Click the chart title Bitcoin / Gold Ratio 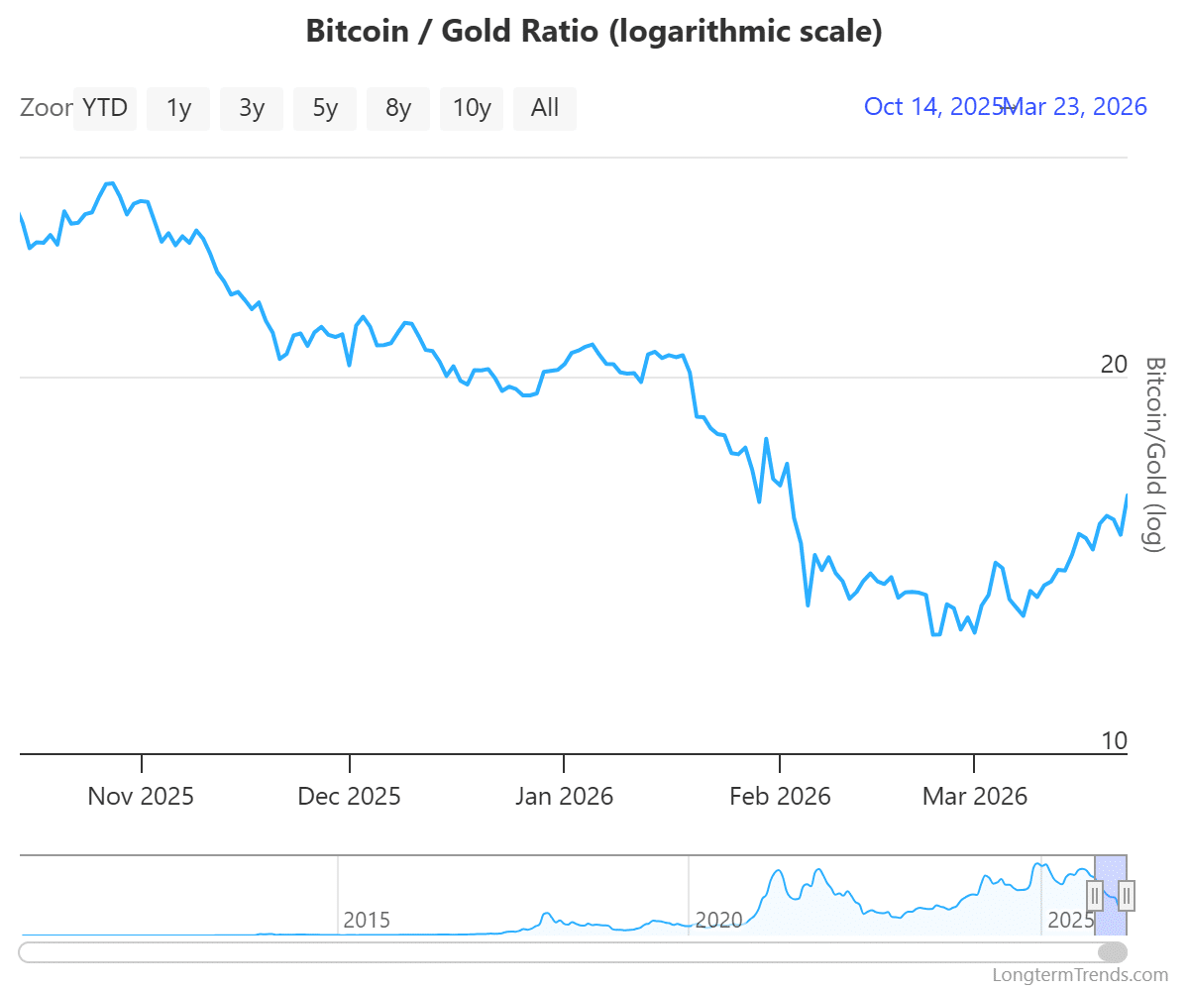point(594,31)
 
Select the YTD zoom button point(105,108)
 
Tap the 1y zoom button point(178,108)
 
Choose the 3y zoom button point(252,108)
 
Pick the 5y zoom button point(325,108)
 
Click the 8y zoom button point(398,108)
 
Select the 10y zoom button point(472,108)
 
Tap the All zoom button point(545,108)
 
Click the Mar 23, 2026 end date point(1078,107)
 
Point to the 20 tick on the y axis point(1114,365)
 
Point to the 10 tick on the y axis point(1114,741)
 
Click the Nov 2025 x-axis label point(141,796)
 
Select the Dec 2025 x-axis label point(350,796)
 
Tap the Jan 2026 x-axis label point(564,796)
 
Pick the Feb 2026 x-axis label point(780,796)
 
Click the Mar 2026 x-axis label point(975,796)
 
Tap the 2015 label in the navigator point(367,920)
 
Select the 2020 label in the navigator point(718,920)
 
